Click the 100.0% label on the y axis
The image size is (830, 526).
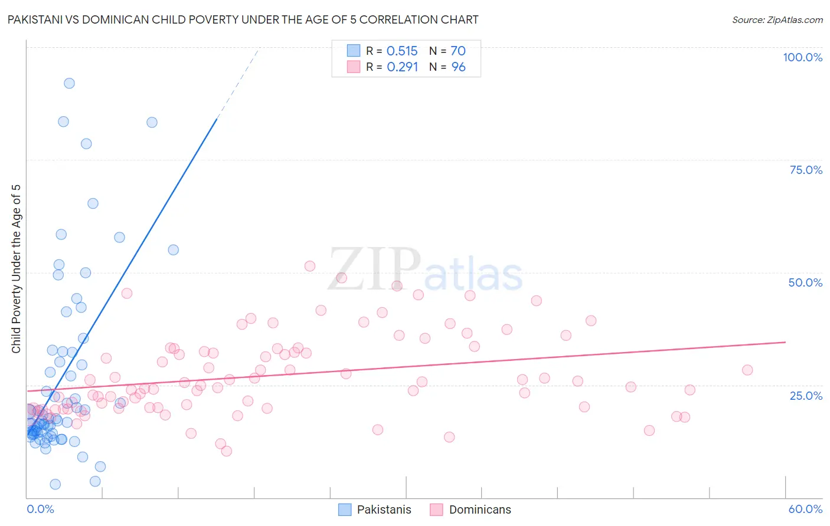[802, 57]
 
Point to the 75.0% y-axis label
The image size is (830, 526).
[806, 170]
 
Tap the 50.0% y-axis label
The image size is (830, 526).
[805, 282]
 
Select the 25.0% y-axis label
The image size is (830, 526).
[806, 395]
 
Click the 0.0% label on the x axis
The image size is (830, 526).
[40, 509]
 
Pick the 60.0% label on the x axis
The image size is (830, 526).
[805, 509]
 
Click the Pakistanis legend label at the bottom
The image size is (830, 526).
[384, 509]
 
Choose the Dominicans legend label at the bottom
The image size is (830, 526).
[480, 509]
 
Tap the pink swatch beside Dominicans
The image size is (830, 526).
[436, 509]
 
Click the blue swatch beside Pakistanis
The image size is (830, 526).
[345, 509]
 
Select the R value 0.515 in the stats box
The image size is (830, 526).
[402, 51]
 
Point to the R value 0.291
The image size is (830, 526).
[402, 67]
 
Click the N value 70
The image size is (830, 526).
[458, 51]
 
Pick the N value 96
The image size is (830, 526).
[458, 67]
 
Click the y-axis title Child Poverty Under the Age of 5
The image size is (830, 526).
[16, 269]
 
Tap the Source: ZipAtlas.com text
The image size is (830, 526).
[777, 20]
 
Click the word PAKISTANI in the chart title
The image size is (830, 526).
[35, 19]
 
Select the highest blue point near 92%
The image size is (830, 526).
[69, 83]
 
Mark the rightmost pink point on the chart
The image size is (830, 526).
[747, 370]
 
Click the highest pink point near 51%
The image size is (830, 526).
[310, 266]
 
